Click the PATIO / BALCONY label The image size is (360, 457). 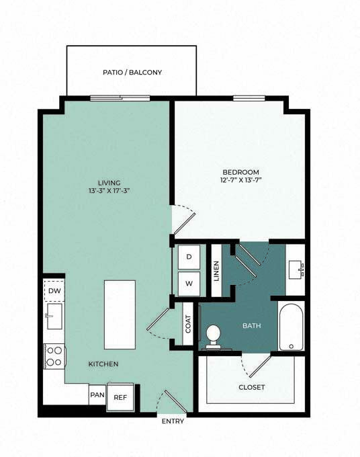pyautogui.click(x=132, y=73)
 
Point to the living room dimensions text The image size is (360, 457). pyautogui.click(x=109, y=191)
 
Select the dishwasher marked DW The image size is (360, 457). pyautogui.click(x=54, y=290)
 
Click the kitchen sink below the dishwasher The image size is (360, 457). pyautogui.click(x=54, y=316)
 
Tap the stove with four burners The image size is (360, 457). pyautogui.click(x=54, y=356)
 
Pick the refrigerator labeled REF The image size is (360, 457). pyautogui.click(x=120, y=397)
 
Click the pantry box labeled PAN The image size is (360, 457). pyautogui.click(x=97, y=394)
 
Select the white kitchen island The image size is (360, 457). pyautogui.click(x=120, y=315)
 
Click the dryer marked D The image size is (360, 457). pyautogui.click(x=189, y=257)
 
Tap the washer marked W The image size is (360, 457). pyautogui.click(x=189, y=284)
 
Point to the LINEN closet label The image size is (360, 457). pyautogui.click(x=216, y=271)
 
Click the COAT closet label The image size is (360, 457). pyautogui.click(x=188, y=324)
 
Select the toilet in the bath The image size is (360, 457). pyautogui.click(x=214, y=336)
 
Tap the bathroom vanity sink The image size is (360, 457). pyautogui.click(x=296, y=269)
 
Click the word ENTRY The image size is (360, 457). pyautogui.click(x=173, y=421)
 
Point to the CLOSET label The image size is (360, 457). pyautogui.click(x=252, y=387)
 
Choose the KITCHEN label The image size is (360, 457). pyautogui.click(x=103, y=364)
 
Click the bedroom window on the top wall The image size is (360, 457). pyautogui.click(x=249, y=98)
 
